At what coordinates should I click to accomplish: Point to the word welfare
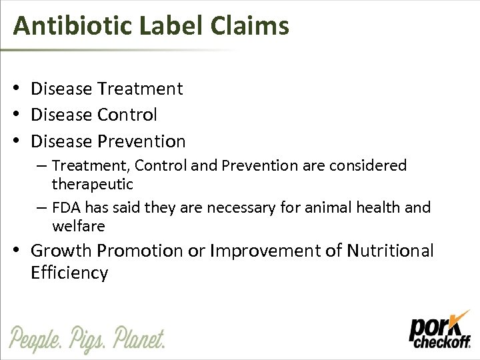coord(78,227)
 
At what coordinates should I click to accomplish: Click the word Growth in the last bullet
coord(61,251)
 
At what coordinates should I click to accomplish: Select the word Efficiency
coord(69,273)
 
